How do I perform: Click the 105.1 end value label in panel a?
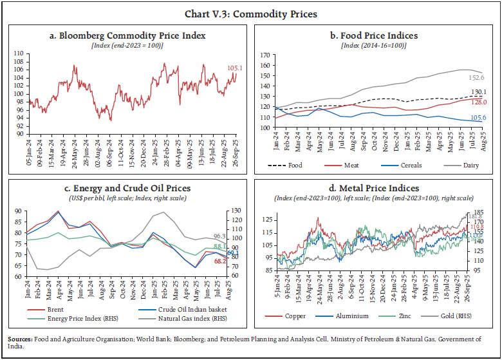tap(235, 68)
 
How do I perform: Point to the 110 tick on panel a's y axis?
tap(20, 53)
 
